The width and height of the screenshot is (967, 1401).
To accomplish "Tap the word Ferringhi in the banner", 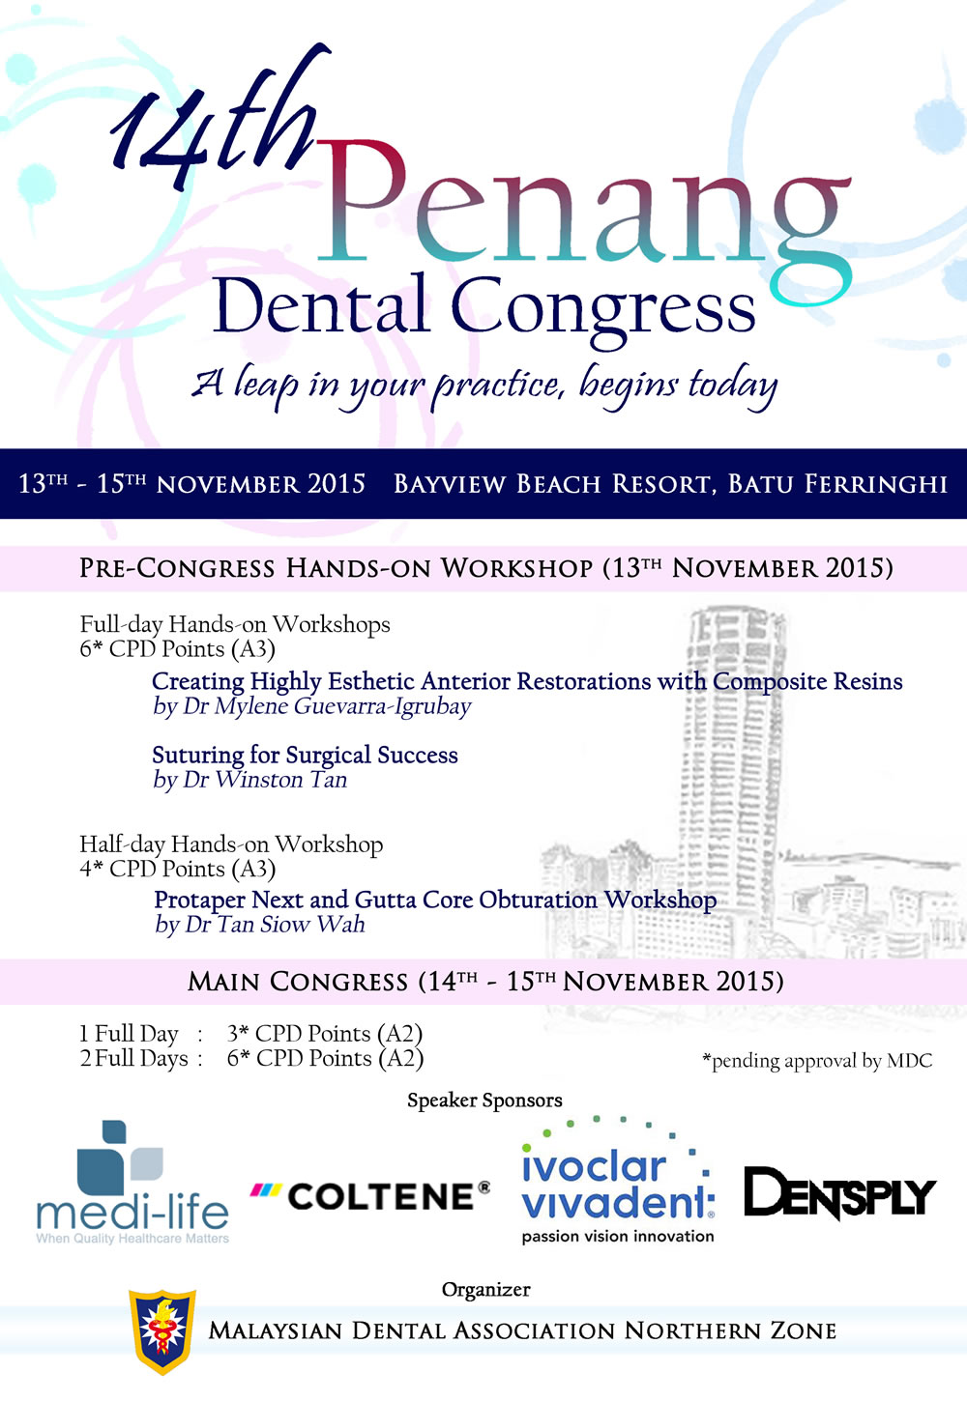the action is pos(876,484).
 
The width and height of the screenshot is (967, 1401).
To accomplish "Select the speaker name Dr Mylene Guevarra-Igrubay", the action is pos(326,706).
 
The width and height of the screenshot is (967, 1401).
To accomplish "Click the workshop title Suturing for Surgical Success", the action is pos(305,755).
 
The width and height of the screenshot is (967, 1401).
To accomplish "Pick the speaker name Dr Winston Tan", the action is pos(265,780).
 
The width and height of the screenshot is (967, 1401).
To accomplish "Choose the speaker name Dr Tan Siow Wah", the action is pos(275,925).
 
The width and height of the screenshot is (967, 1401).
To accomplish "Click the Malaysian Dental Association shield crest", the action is pos(162,1331).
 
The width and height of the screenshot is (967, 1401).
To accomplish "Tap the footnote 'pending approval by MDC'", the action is pos(817,1061).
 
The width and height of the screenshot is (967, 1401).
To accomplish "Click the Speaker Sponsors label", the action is pos(484,1101).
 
